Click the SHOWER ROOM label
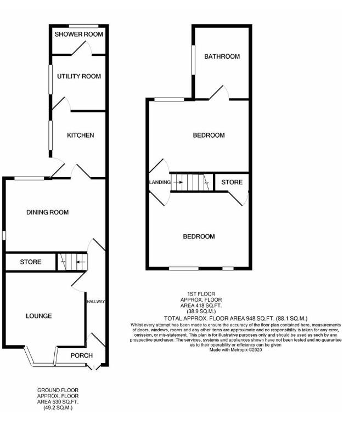79,35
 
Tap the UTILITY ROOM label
79,76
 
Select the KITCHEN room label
81,135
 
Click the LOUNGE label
38,316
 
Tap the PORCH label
81,355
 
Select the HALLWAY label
95,302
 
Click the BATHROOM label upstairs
222,56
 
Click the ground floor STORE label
30,262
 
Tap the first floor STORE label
231,182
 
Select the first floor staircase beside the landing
190,182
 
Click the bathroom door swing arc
218,92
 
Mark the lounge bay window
42,359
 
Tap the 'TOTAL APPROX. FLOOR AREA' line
236,318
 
